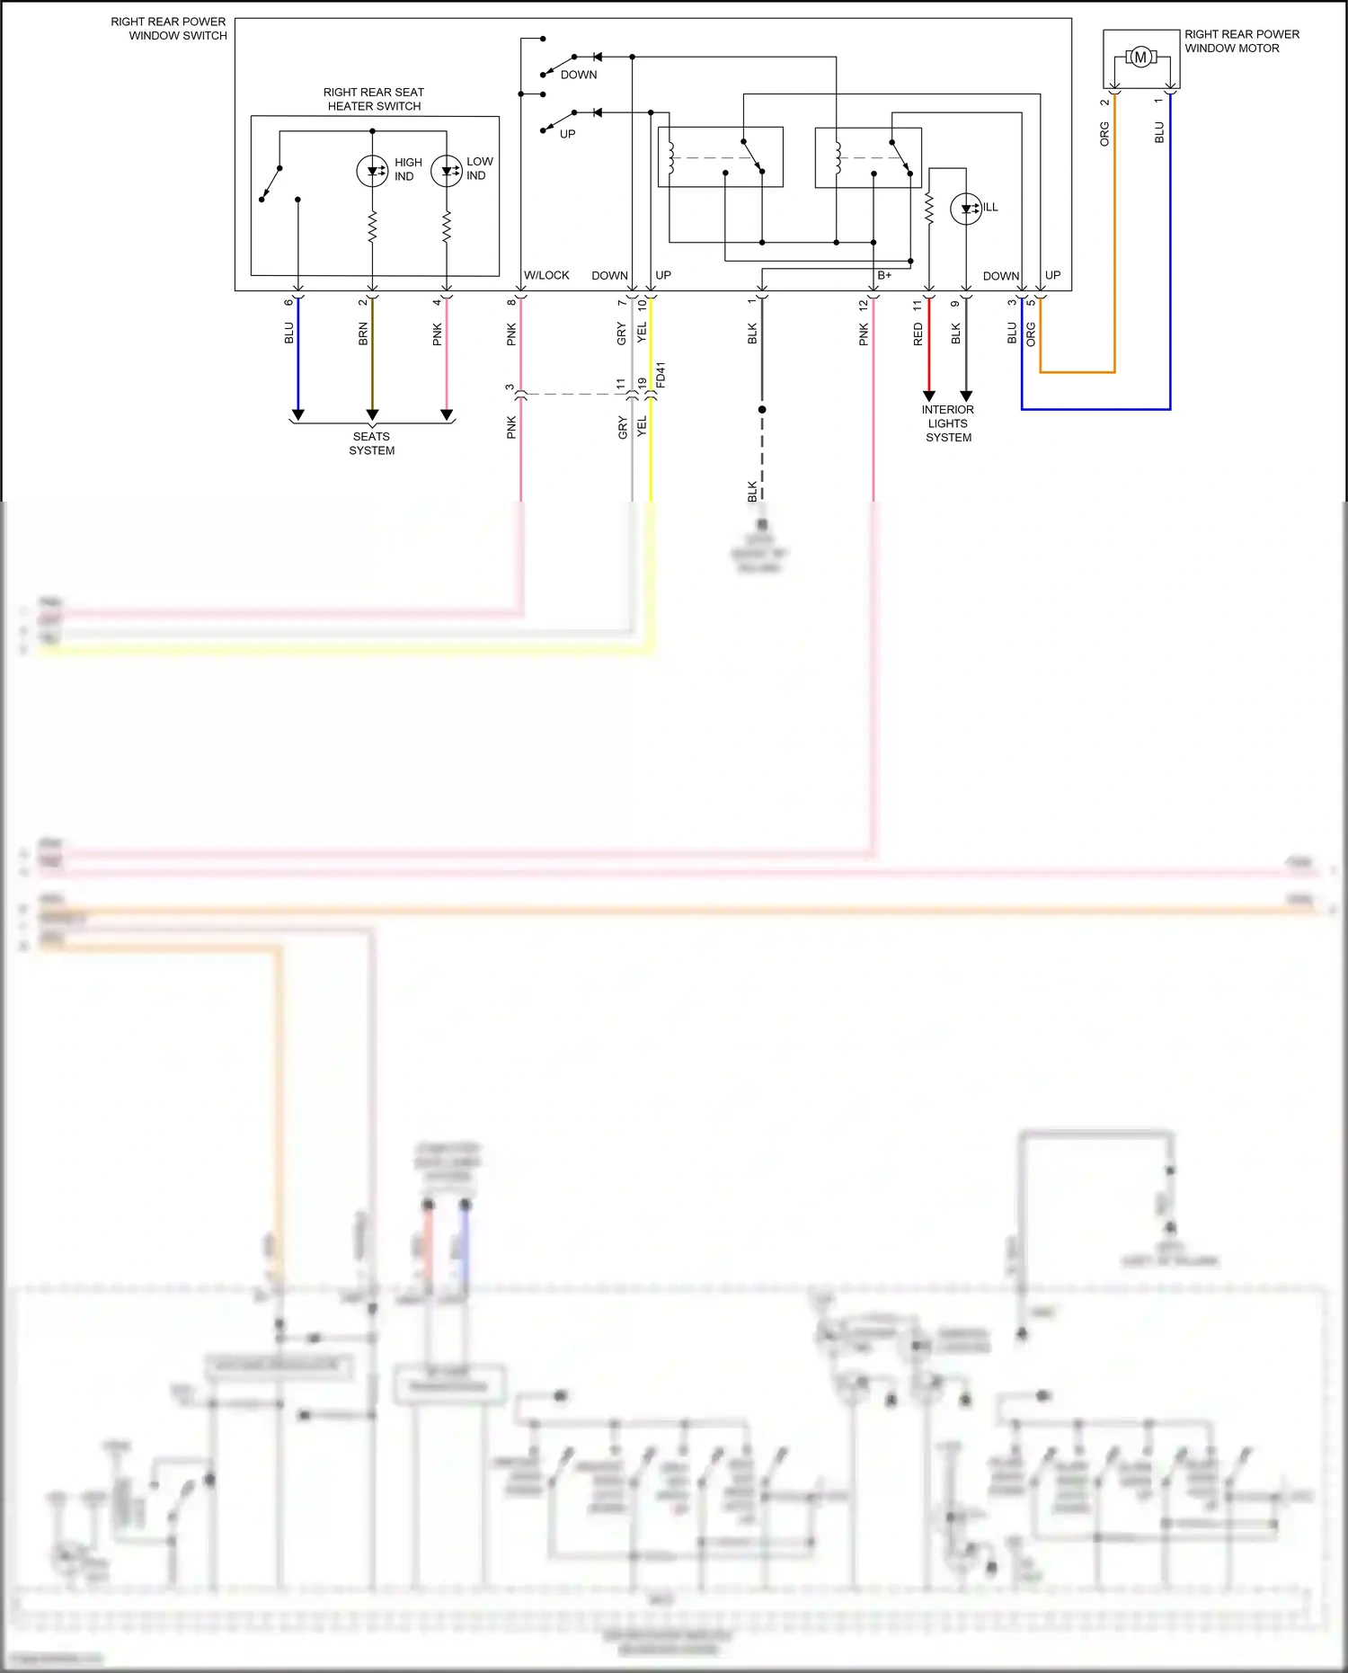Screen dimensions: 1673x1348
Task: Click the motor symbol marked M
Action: click(1140, 58)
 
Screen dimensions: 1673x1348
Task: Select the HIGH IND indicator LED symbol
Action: click(372, 170)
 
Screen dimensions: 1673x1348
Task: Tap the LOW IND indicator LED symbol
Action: click(447, 170)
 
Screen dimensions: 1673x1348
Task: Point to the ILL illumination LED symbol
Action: click(966, 209)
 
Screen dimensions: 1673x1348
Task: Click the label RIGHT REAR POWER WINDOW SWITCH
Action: click(169, 29)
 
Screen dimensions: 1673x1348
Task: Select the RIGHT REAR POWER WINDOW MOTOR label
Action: click(1241, 41)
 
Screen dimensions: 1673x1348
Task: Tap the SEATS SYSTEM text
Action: click(372, 443)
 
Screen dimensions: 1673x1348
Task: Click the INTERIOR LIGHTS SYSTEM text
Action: click(948, 423)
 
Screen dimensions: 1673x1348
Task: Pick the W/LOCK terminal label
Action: click(546, 275)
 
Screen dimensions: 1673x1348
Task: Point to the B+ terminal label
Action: click(884, 275)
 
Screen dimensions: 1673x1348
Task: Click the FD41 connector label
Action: click(661, 375)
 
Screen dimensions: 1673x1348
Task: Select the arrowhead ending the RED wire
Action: click(929, 396)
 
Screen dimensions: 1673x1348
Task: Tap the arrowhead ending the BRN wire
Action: click(372, 414)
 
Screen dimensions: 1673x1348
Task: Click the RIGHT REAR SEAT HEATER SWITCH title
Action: click(374, 99)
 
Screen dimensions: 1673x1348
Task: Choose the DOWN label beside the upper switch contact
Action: click(579, 75)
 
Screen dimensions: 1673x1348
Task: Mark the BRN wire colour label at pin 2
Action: click(363, 334)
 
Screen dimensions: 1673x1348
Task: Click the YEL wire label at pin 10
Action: click(642, 332)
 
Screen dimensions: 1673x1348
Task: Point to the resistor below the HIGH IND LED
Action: click(372, 227)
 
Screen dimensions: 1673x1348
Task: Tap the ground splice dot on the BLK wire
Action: click(762, 409)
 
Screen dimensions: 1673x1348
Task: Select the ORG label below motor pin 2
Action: click(1104, 133)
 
